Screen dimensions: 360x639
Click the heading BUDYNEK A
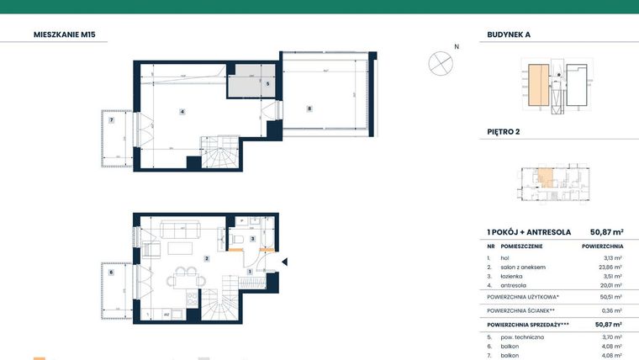point(509,35)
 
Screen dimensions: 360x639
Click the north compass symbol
point(441,62)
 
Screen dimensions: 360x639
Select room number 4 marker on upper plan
point(182,111)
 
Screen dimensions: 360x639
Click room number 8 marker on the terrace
point(309,108)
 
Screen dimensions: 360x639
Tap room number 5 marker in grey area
point(267,83)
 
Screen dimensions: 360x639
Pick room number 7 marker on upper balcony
point(111,120)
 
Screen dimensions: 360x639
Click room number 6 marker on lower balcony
point(111,272)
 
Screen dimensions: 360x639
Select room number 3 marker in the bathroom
point(252,238)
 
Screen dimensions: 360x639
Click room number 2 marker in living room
point(205,258)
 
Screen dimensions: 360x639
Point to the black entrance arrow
point(283,262)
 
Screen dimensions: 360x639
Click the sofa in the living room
point(178,228)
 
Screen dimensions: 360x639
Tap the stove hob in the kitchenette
point(193,300)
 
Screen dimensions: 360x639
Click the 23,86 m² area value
point(609,267)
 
